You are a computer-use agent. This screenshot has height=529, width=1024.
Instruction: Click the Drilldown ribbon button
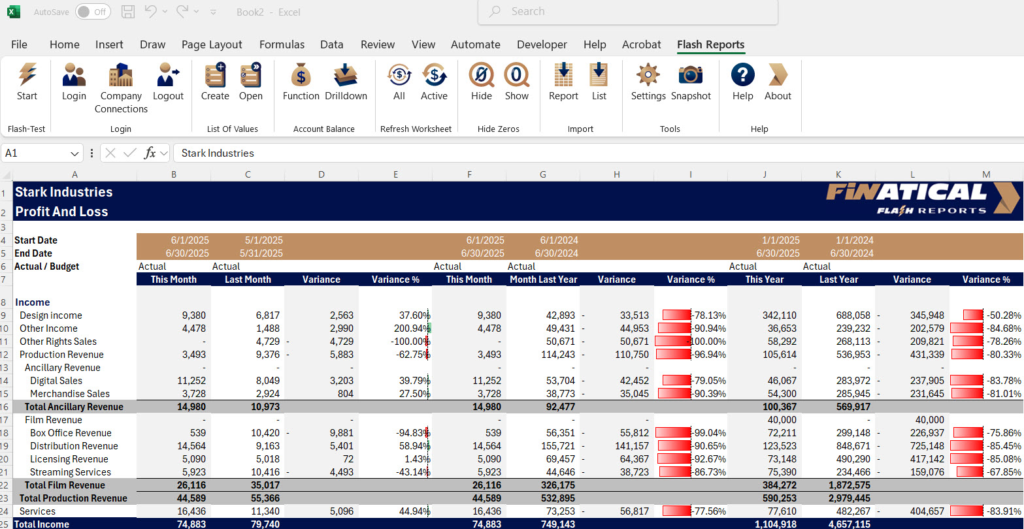coord(346,82)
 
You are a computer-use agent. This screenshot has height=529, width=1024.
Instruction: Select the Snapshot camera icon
coord(690,82)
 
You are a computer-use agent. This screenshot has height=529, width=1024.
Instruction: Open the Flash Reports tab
coord(710,44)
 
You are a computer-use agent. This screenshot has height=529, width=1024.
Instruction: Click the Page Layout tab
coord(212,44)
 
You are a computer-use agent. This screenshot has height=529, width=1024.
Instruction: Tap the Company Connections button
coord(121,88)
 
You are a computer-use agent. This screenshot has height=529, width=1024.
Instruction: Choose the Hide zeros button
coord(481,82)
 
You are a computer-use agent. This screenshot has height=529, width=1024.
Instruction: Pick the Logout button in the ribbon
coord(168,82)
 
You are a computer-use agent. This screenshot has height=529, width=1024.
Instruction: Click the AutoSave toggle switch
coord(92,12)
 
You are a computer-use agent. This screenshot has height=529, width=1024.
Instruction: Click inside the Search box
coord(627,12)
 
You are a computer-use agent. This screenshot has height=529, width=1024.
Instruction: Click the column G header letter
coord(543,174)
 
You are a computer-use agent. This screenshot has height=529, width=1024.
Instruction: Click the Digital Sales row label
coord(56,381)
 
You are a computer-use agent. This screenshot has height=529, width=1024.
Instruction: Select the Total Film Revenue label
coord(65,485)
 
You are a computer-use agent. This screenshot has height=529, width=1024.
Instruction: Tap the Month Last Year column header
coord(543,280)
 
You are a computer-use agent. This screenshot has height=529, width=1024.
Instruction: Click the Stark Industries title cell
coord(64,192)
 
